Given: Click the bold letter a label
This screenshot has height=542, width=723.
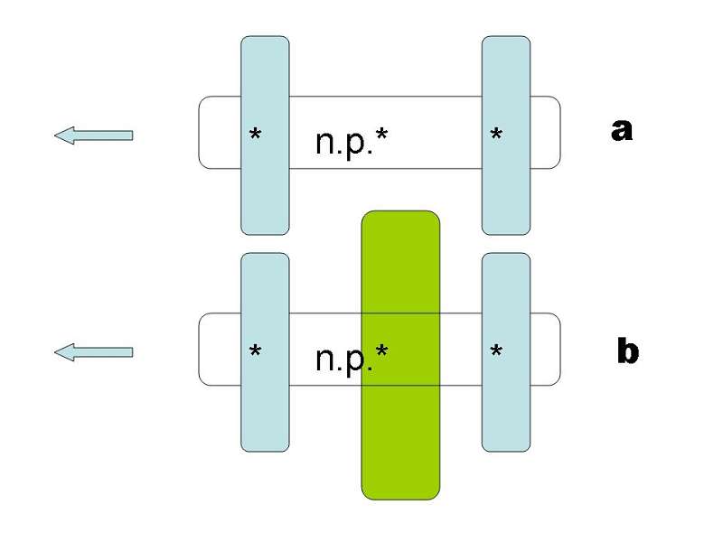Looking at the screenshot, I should (621, 131).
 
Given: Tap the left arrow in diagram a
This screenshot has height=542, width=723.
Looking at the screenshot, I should (94, 135).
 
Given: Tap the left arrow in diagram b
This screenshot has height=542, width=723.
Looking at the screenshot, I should (94, 351).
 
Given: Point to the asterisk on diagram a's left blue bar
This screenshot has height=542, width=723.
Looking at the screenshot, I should (256, 135).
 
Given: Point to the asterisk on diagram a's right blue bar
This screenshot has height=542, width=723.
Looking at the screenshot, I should (496, 135).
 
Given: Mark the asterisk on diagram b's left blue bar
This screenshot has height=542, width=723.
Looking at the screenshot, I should (256, 351).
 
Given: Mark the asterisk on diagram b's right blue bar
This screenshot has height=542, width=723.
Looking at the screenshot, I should (496, 351).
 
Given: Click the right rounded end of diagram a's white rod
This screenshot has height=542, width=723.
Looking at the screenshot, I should (546, 132).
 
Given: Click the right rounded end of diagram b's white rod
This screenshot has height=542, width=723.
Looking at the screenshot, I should (546, 349).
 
